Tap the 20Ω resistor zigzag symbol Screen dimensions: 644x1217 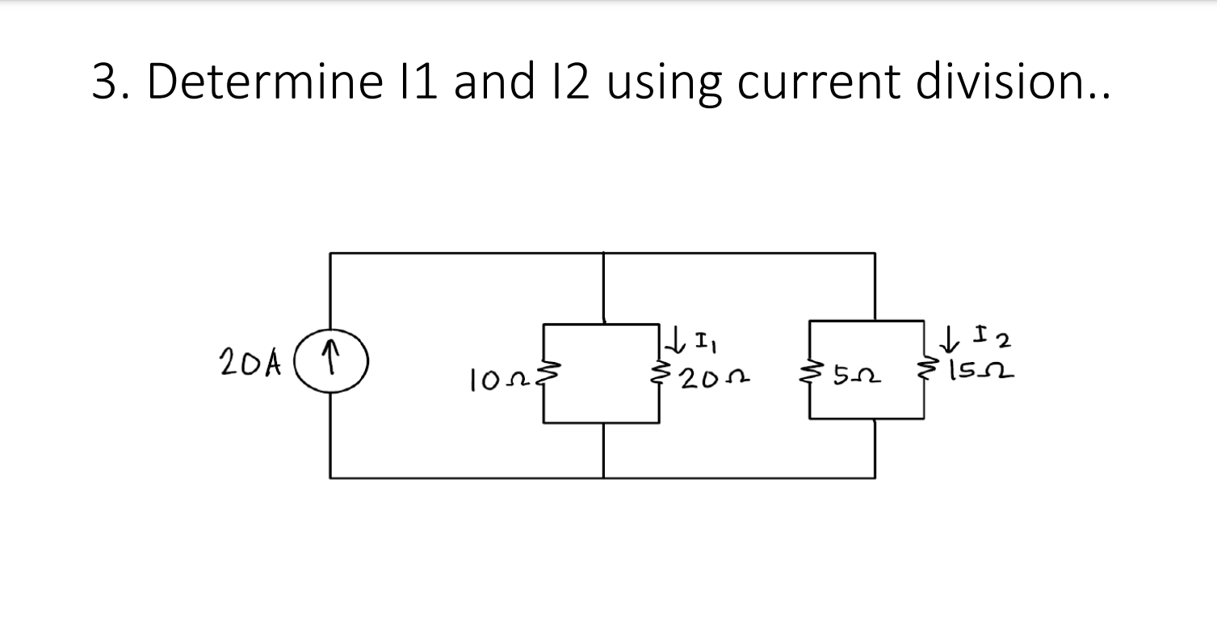click(661, 373)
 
